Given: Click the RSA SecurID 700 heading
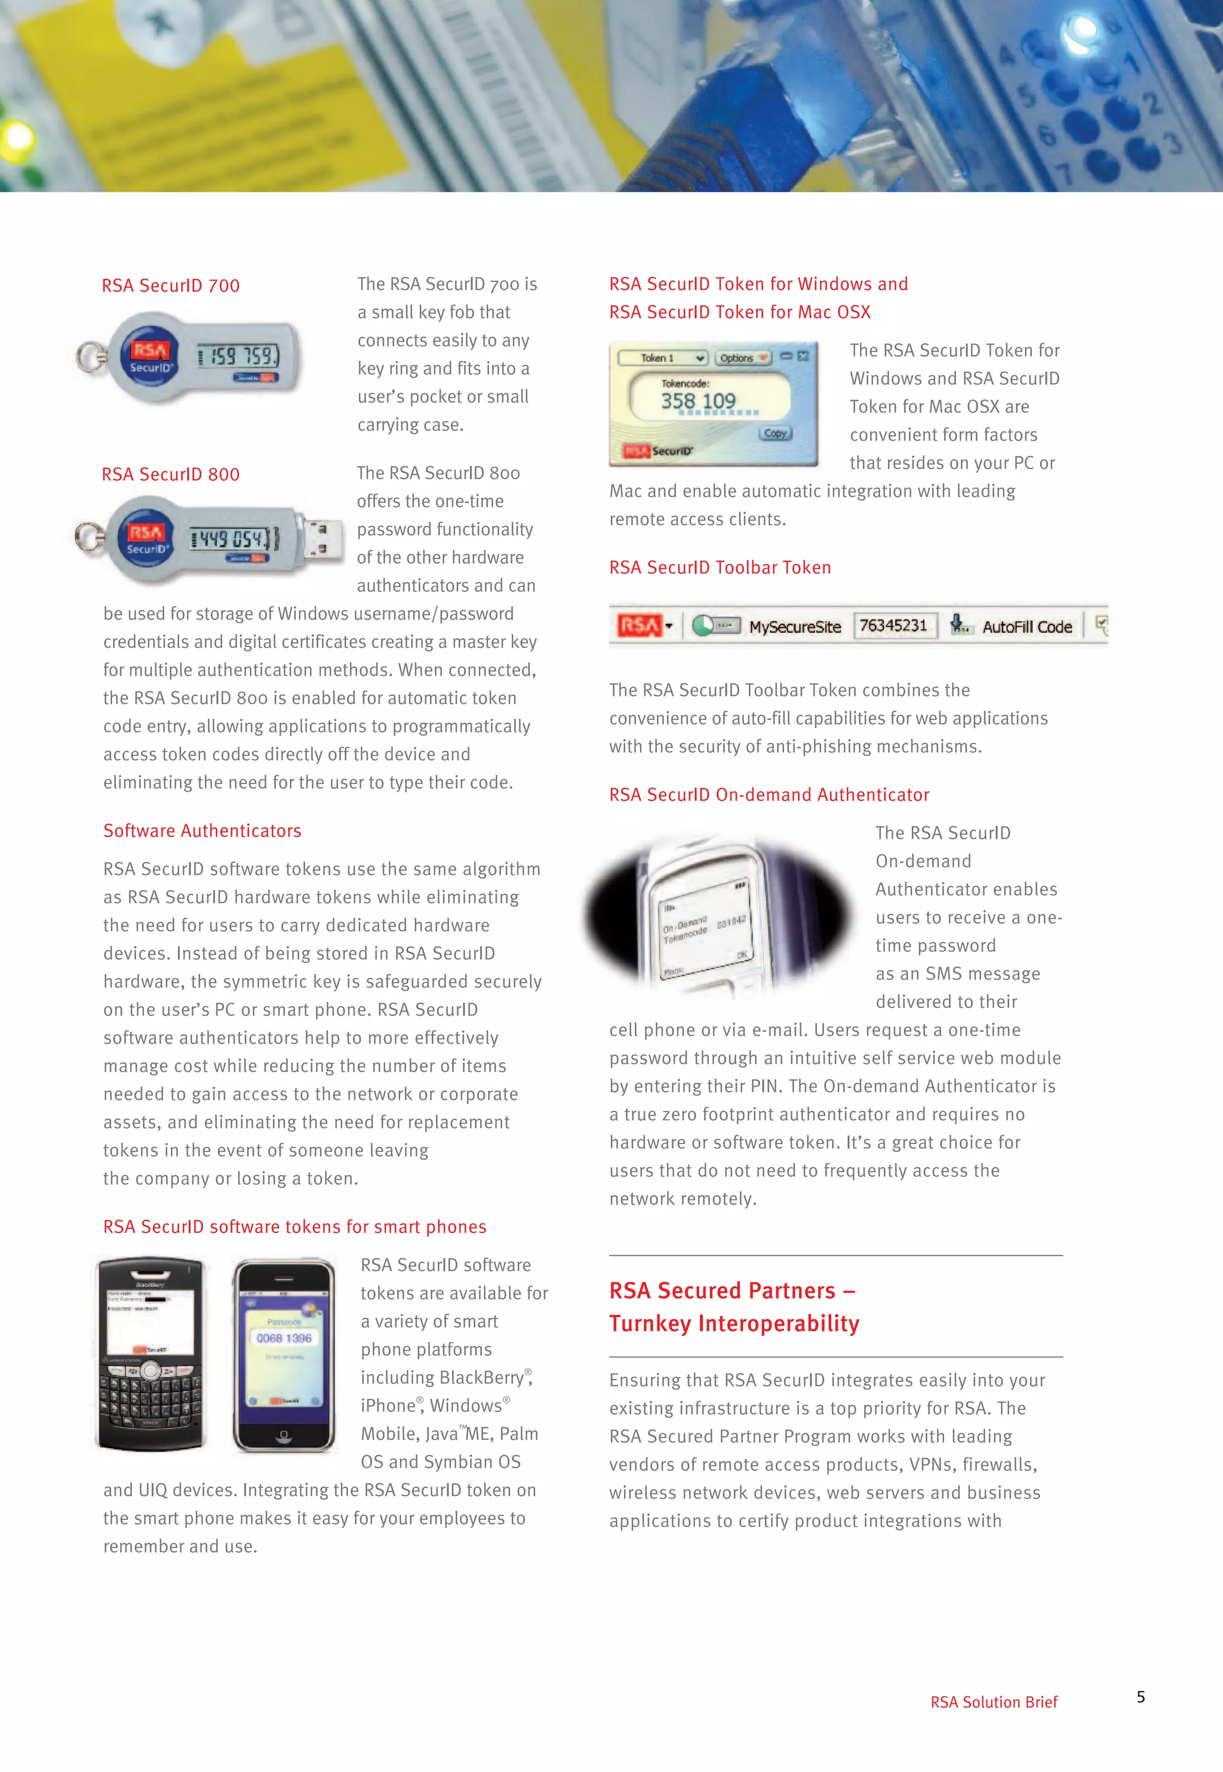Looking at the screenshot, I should (x=171, y=286).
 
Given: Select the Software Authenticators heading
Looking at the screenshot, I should (x=202, y=831).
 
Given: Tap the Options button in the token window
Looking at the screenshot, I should (x=742, y=358).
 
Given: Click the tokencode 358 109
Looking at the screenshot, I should (x=698, y=401).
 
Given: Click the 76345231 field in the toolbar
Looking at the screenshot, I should (x=893, y=626).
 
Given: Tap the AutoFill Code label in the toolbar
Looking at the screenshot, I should (x=1027, y=627).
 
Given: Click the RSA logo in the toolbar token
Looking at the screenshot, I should (x=638, y=626).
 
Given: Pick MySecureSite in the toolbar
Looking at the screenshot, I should (x=795, y=627).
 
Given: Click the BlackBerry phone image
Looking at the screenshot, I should (x=151, y=1354).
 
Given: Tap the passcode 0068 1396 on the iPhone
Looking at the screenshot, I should (x=284, y=1338).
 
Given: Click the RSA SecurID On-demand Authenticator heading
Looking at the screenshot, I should (x=769, y=795).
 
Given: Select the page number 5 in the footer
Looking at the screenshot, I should (x=1140, y=1697).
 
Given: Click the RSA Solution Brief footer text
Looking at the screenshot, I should (x=993, y=1702).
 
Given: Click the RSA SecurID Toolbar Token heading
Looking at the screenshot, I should (x=720, y=568).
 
